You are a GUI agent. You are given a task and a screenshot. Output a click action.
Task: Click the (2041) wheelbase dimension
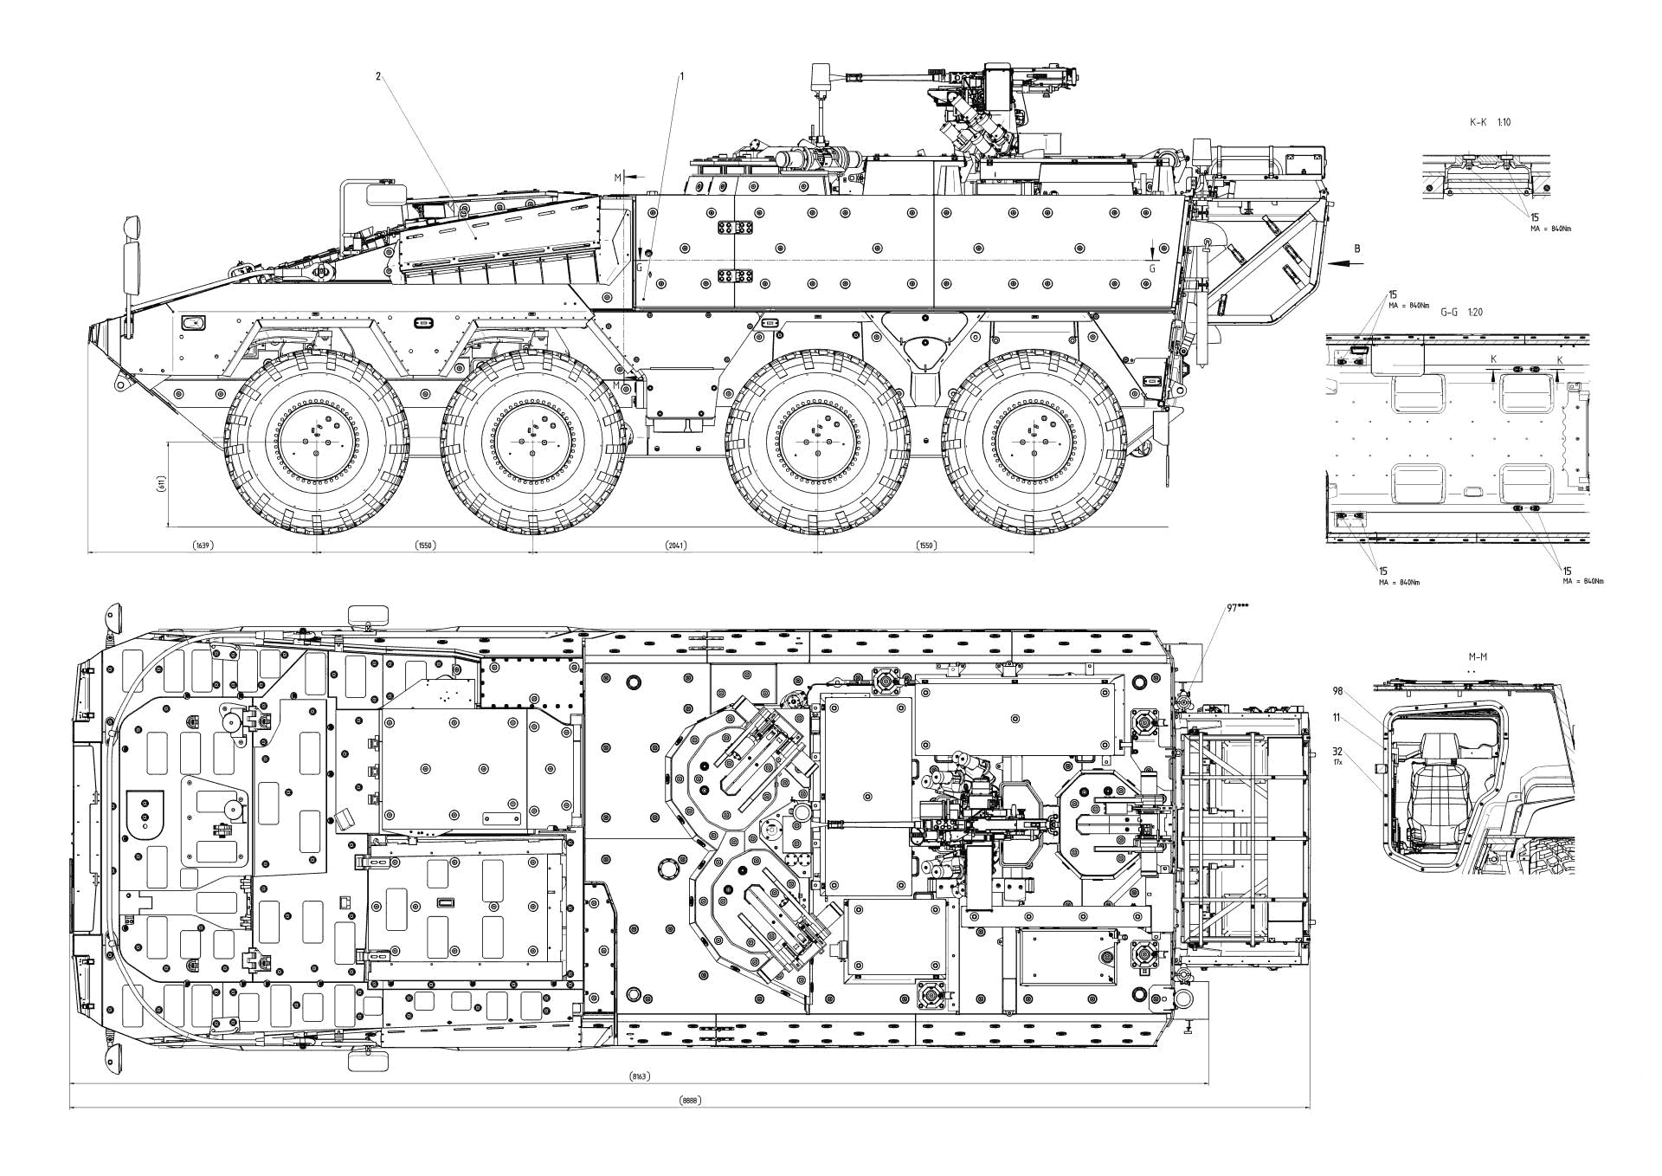tap(675, 546)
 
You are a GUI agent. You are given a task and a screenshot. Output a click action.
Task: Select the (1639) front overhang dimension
tap(203, 546)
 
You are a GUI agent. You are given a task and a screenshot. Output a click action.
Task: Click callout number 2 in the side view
tap(378, 76)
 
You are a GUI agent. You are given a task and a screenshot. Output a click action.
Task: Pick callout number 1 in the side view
tap(681, 76)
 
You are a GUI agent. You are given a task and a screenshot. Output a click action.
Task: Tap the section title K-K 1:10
tap(1489, 123)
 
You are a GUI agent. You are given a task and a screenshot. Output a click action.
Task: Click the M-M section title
tap(1477, 657)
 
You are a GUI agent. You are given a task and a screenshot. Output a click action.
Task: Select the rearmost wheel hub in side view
tap(1035, 441)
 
